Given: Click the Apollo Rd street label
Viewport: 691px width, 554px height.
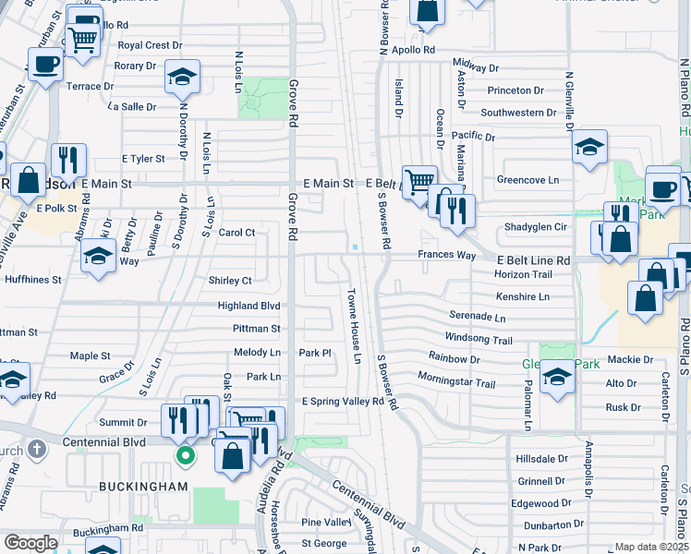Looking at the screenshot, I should click(x=413, y=50).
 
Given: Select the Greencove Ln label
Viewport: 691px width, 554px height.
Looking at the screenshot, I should click(x=528, y=179).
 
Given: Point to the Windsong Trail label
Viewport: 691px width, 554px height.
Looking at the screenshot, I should click(x=478, y=339).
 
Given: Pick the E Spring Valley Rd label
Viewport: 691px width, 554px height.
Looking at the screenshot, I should click(x=343, y=402).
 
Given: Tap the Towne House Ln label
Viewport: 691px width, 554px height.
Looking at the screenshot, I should click(x=353, y=325).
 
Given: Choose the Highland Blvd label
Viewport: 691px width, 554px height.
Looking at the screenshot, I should click(x=249, y=306).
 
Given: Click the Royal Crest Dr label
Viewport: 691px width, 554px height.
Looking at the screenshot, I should click(x=144, y=45).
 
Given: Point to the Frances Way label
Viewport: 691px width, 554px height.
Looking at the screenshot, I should click(x=446, y=255).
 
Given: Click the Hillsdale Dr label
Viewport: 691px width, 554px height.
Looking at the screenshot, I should click(x=542, y=459).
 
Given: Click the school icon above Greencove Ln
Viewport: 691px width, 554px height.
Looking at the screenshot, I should click(x=588, y=146).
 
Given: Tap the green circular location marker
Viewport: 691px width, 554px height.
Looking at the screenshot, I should click(x=186, y=454).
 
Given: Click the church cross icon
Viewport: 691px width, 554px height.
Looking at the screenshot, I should click(x=36, y=450).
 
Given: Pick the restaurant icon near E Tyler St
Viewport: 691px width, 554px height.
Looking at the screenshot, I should click(x=67, y=159).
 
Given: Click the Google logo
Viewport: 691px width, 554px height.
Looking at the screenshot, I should click(x=30, y=544).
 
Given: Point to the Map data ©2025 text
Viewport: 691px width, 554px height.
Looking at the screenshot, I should click(x=651, y=548).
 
